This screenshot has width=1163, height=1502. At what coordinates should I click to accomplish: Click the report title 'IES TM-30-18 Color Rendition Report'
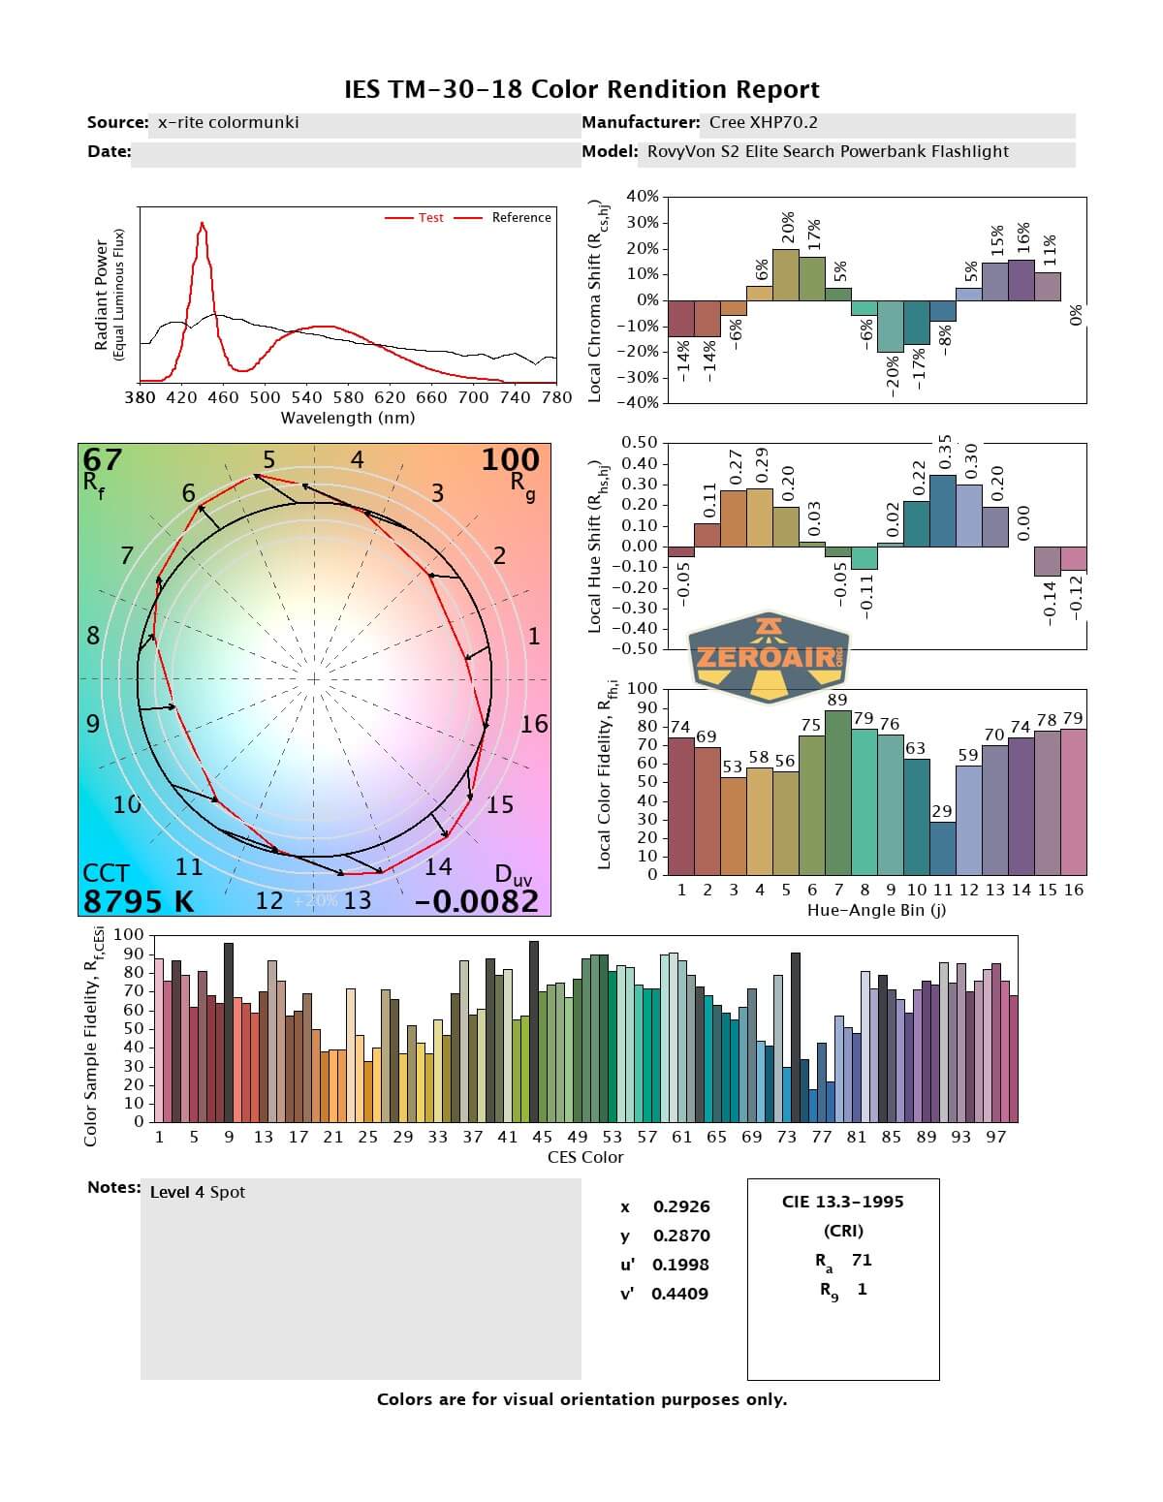[x=581, y=90]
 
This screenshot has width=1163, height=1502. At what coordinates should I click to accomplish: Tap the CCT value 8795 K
[x=139, y=901]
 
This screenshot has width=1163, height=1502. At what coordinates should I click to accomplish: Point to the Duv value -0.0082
[x=476, y=901]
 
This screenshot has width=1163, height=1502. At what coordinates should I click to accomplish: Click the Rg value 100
[x=510, y=459]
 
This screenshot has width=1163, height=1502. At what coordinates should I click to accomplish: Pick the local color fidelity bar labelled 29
[x=942, y=848]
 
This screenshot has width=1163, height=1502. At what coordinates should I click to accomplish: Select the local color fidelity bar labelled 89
[x=837, y=792]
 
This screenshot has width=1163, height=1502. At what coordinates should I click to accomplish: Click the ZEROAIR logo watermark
[x=769, y=656]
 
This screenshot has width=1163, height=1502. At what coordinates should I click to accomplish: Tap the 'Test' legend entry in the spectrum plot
[x=430, y=218]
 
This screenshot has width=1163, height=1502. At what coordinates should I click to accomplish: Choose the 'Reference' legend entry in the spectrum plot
[x=520, y=218]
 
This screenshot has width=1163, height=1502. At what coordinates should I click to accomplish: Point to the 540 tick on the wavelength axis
[x=306, y=397]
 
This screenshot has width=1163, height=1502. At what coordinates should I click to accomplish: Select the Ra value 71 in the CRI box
[x=861, y=1260]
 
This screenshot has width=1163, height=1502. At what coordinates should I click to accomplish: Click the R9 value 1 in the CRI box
[x=862, y=1289]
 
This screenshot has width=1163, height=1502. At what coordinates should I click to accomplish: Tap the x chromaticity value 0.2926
[x=681, y=1206]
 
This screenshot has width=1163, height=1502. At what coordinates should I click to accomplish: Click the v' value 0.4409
[x=679, y=1294]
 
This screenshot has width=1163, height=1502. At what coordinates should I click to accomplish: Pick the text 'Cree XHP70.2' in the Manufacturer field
[x=763, y=123]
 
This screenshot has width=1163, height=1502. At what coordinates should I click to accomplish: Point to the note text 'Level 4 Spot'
[x=198, y=1192]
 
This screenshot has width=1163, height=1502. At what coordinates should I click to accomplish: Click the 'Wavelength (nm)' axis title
[x=347, y=419]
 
